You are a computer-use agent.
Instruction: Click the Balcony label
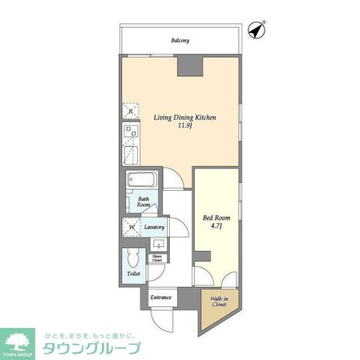(x=180, y=41)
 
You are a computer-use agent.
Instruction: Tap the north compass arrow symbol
(x=257, y=30)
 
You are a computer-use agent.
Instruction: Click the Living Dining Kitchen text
(x=185, y=117)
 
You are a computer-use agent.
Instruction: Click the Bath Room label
(x=144, y=202)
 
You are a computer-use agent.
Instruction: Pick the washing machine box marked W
(x=131, y=228)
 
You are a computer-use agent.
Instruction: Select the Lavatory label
(x=156, y=228)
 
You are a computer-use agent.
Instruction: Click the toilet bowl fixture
(x=132, y=259)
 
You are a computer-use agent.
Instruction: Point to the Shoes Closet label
(x=157, y=259)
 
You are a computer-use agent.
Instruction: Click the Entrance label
(x=160, y=297)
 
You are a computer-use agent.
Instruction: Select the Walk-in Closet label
(x=218, y=303)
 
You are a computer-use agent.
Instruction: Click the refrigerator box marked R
(x=130, y=111)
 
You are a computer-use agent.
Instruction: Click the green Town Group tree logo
(x=20, y=340)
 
